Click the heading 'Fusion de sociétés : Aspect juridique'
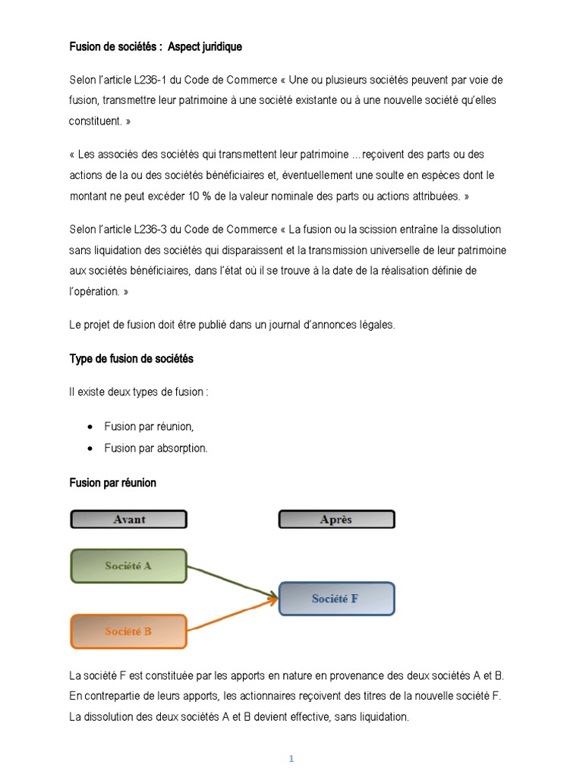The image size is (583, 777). point(156,47)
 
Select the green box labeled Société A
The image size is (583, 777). point(128,565)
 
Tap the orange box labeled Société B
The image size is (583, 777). point(128,631)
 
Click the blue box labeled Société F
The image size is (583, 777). point(336,599)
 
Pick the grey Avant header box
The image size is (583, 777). point(128,520)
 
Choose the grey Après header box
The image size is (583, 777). point(336,520)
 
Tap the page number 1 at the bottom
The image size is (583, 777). point(291,759)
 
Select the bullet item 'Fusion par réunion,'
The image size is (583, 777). point(149,426)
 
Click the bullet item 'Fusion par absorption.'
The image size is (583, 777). point(156,448)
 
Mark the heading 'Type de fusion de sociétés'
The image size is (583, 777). point(131,358)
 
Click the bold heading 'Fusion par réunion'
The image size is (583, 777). point(112,483)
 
